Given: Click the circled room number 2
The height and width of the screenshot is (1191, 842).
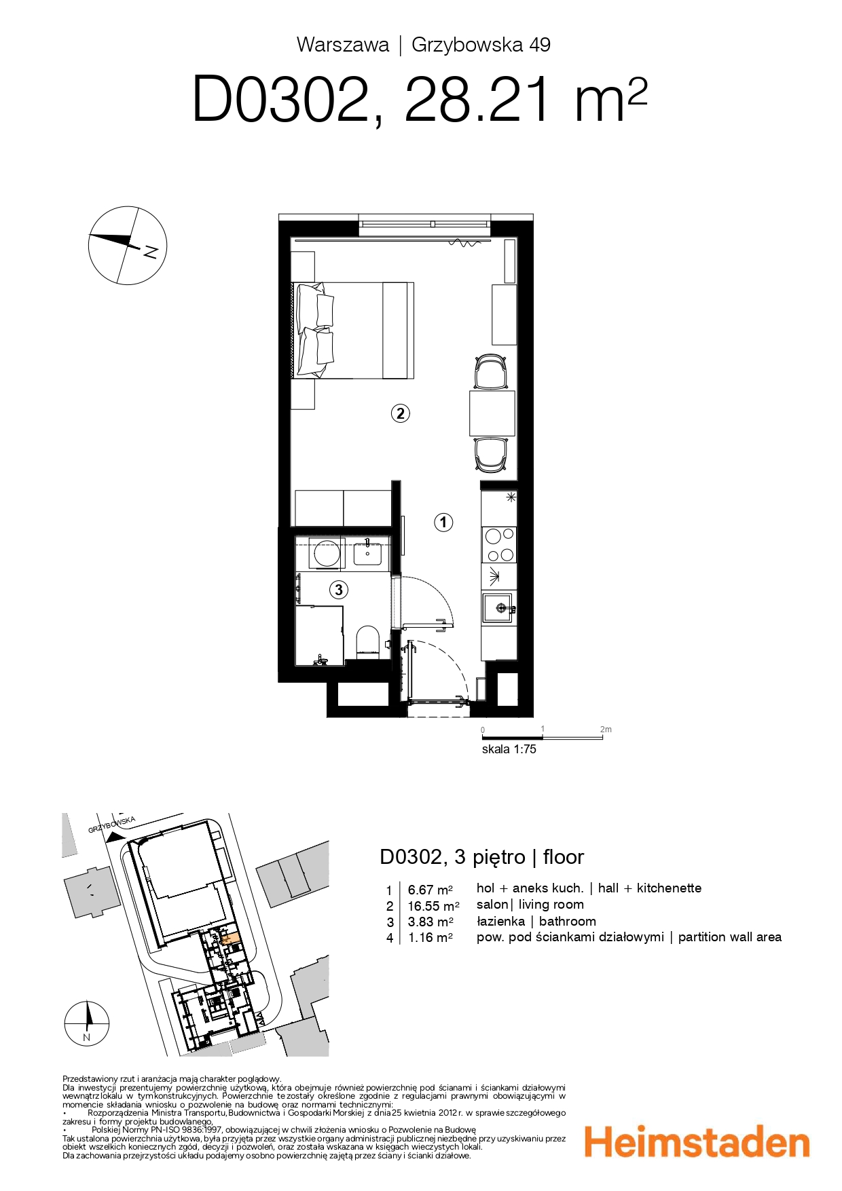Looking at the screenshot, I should (x=400, y=413).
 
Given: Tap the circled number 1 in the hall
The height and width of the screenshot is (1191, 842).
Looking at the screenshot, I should (x=443, y=522).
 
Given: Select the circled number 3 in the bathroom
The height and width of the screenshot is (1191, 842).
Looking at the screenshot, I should (x=339, y=590).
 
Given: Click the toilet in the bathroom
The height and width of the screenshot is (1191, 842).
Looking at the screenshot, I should (x=368, y=642).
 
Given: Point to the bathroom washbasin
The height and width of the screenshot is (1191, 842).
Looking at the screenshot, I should (x=367, y=554).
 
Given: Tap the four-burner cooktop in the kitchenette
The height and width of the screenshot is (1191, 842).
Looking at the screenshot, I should (x=499, y=545).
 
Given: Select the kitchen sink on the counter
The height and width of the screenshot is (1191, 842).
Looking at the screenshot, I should (x=498, y=607).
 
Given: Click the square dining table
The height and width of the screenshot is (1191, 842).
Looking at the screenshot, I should (x=492, y=413).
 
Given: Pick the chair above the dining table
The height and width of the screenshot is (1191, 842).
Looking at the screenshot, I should (x=491, y=371).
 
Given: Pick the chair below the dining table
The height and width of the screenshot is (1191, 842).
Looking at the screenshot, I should (x=491, y=454).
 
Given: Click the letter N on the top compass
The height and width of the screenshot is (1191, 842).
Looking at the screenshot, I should (x=151, y=251).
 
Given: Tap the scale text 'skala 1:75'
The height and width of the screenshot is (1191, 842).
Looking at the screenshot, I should (x=509, y=749).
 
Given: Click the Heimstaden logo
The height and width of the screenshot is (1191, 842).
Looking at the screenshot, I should (x=697, y=1142).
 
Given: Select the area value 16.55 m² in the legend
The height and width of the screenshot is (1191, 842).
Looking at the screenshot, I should (x=433, y=906).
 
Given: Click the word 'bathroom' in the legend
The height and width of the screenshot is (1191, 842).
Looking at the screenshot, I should (x=567, y=921).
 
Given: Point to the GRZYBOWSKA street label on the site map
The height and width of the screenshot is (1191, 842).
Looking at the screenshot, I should (x=112, y=825).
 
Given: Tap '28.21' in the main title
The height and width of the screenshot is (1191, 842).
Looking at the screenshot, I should (x=476, y=100).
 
